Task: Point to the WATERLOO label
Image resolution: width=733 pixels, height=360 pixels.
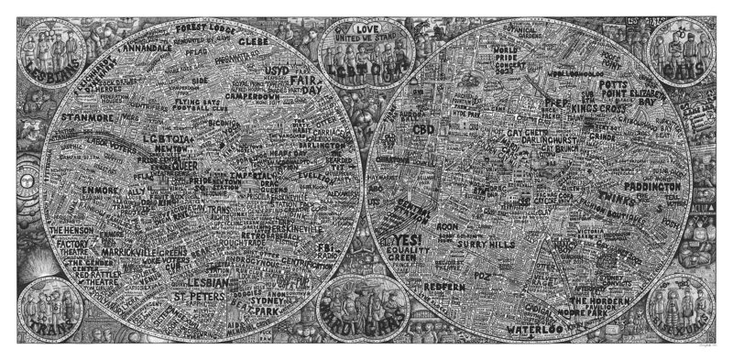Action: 534,323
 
